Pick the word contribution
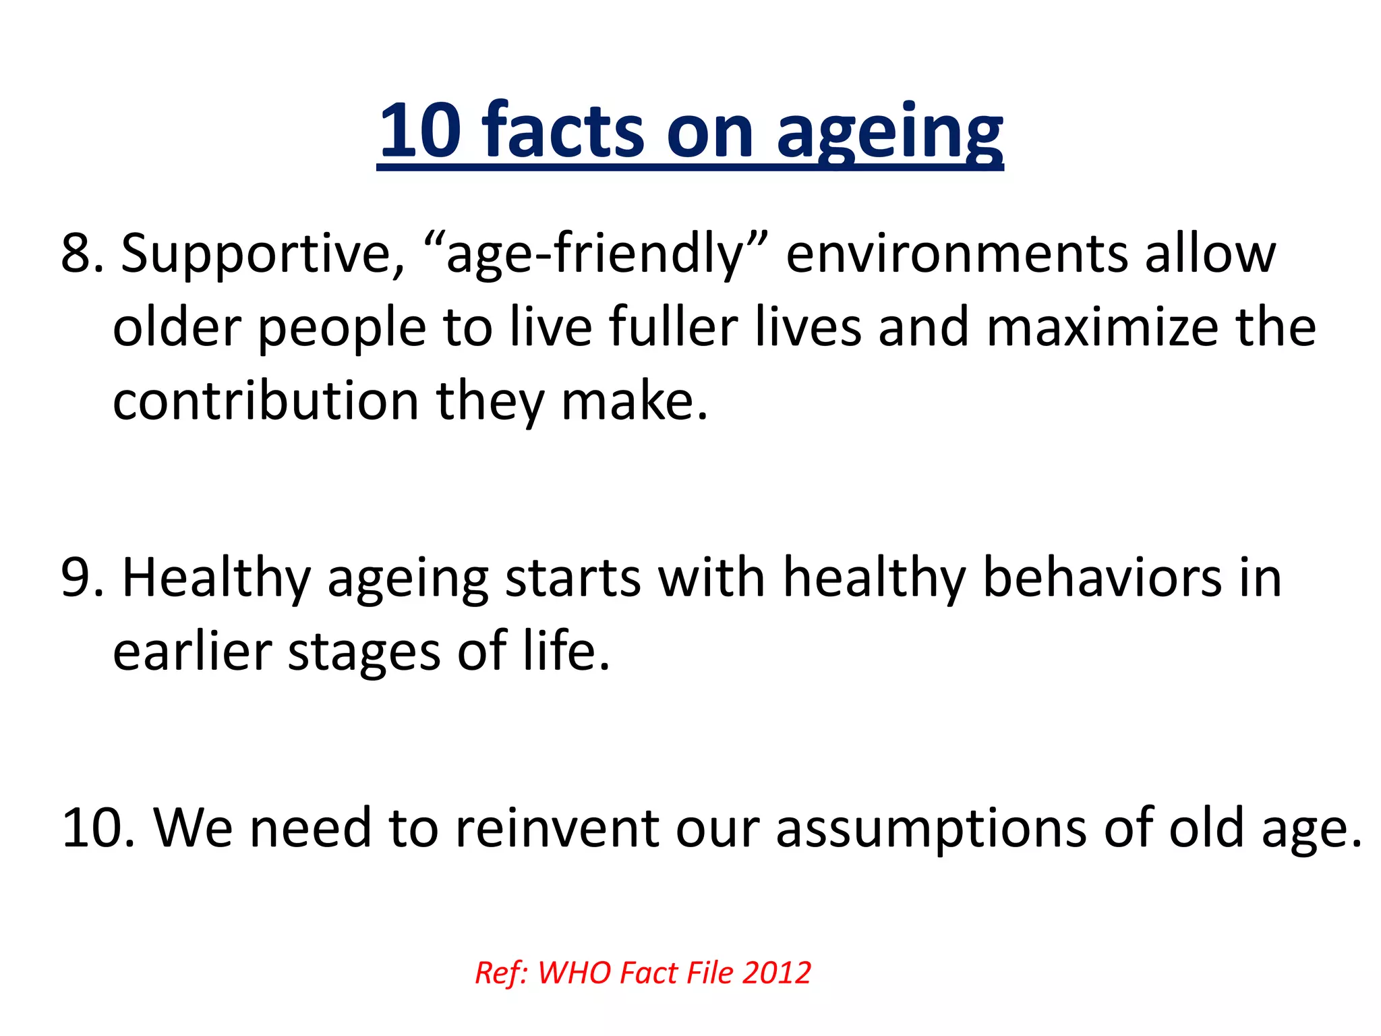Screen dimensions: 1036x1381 click(x=266, y=401)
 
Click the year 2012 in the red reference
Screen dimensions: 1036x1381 click(x=776, y=973)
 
